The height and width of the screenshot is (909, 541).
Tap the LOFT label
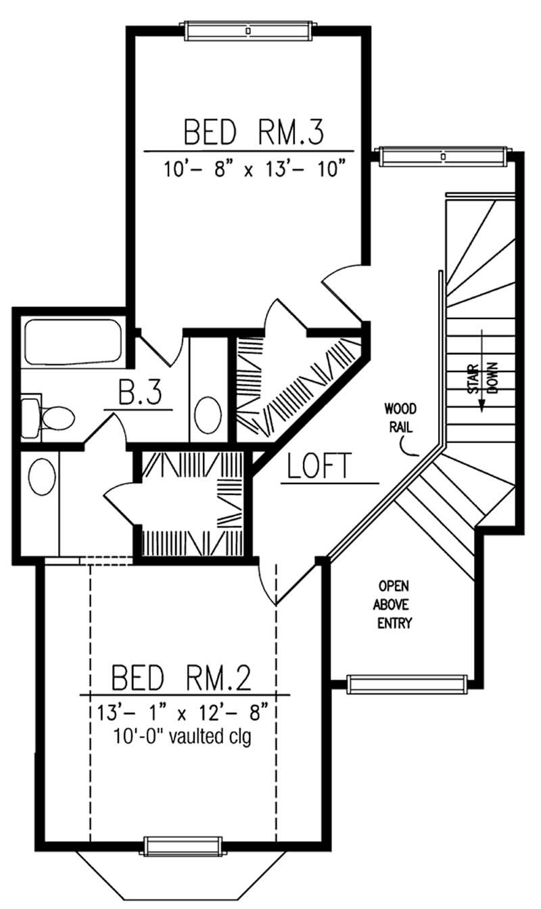pos(319,467)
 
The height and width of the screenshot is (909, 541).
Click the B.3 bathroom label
pos(140,394)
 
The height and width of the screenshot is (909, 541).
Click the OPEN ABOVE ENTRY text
pos(396,604)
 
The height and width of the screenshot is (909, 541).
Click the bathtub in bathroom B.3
pos(73,342)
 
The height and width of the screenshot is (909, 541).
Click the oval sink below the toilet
pos(42,477)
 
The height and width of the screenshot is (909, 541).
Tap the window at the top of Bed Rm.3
pos(248,30)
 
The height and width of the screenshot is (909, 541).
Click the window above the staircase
pos(443,156)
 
